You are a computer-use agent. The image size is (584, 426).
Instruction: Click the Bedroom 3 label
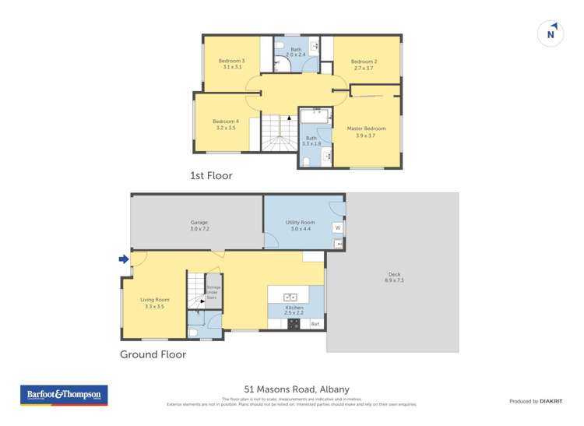(231, 62)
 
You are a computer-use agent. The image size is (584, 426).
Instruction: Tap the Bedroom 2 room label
(364, 62)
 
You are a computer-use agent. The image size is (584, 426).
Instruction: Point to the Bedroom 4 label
(226, 121)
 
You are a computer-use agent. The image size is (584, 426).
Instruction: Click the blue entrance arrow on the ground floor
(122, 259)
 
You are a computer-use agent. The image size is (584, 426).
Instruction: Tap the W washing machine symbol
(338, 228)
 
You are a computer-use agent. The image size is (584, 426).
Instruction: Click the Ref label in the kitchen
(315, 323)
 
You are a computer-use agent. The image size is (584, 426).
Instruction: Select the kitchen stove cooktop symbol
(294, 324)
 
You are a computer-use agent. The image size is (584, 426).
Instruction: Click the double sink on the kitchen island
(288, 297)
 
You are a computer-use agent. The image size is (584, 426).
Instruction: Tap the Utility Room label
(298, 223)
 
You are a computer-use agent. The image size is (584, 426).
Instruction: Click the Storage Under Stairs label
(213, 292)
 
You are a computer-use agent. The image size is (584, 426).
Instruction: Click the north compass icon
(551, 33)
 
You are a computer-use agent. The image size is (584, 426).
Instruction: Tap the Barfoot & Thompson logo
(63, 396)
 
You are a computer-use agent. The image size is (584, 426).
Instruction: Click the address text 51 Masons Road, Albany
(297, 389)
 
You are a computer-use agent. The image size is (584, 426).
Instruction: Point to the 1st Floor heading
(211, 176)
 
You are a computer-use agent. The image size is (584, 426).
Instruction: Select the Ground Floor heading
(153, 354)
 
